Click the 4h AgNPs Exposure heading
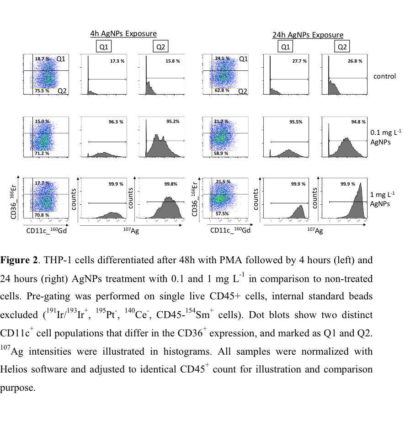(123, 33)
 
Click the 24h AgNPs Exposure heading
(308, 35)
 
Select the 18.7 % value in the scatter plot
(42, 59)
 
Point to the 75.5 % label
(42, 91)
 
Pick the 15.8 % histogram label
(173, 61)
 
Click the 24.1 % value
(222, 58)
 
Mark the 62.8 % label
(222, 90)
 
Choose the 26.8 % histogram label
(354, 61)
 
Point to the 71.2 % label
(42, 154)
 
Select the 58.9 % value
(221, 154)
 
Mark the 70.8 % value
(42, 214)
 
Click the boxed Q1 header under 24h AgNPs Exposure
(285, 47)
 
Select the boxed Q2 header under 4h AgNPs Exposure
(160, 47)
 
